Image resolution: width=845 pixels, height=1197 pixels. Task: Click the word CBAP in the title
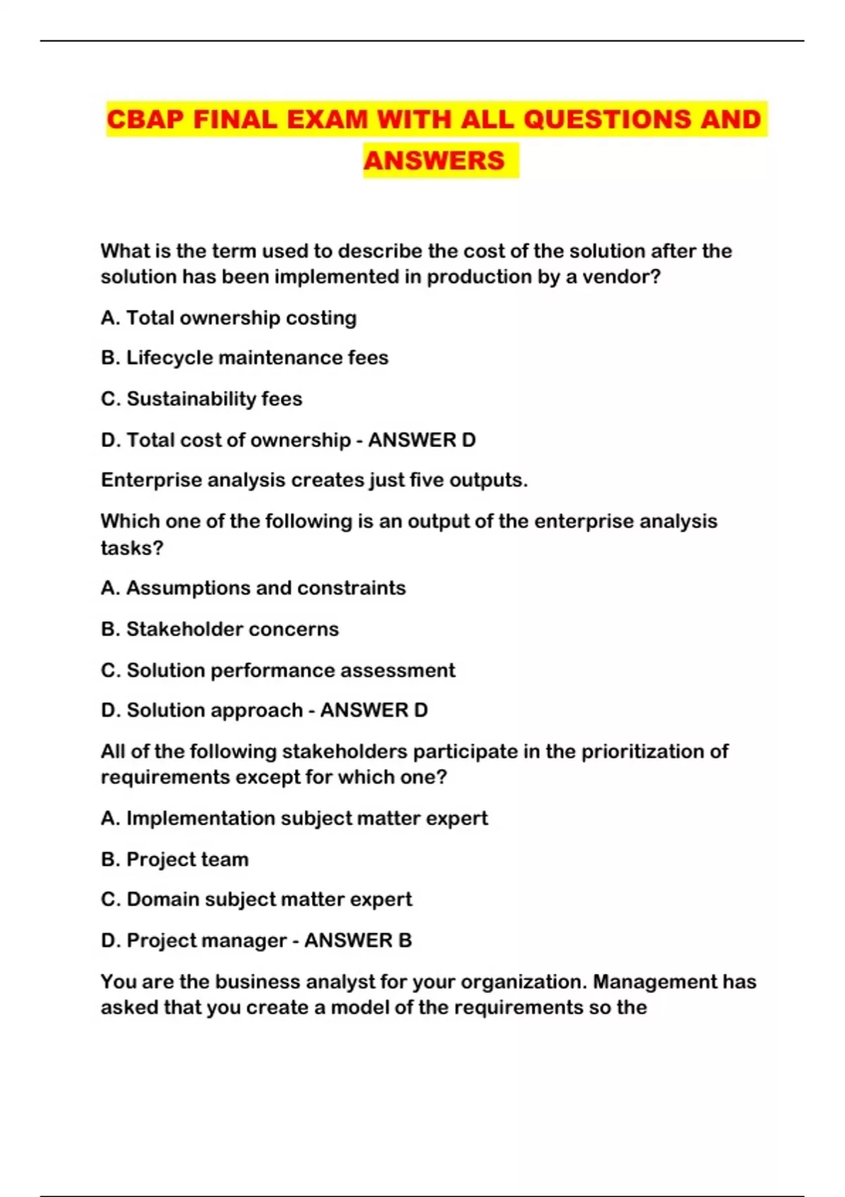click(x=146, y=119)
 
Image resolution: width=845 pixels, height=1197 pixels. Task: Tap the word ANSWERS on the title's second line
click(x=434, y=161)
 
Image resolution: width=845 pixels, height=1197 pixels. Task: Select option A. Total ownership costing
click(x=228, y=318)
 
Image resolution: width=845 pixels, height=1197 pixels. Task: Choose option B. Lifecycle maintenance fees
click(x=244, y=358)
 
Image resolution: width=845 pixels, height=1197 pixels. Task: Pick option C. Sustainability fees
click(x=201, y=399)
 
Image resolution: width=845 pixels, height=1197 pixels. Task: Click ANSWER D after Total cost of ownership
click(x=422, y=440)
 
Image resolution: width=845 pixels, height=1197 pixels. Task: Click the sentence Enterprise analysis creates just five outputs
click(x=314, y=480)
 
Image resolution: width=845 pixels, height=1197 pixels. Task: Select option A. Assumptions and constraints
click(x=253, y=588)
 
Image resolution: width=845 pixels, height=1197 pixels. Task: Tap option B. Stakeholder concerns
click(x=220, y=629)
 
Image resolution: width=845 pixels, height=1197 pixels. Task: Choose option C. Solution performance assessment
click(x=278, y=670)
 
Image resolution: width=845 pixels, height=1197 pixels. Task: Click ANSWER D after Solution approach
click(x=374, y=710)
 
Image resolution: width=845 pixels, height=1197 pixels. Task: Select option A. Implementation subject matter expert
click(x=294, y=818)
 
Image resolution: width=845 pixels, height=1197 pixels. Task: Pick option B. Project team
click(x=175, y=859)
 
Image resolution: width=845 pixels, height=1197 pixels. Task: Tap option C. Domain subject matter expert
click(x=256, y=899)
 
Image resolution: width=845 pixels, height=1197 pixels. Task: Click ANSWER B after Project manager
click(x=358, y=940)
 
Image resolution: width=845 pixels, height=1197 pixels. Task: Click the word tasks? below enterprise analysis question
click(x=132, y=547)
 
